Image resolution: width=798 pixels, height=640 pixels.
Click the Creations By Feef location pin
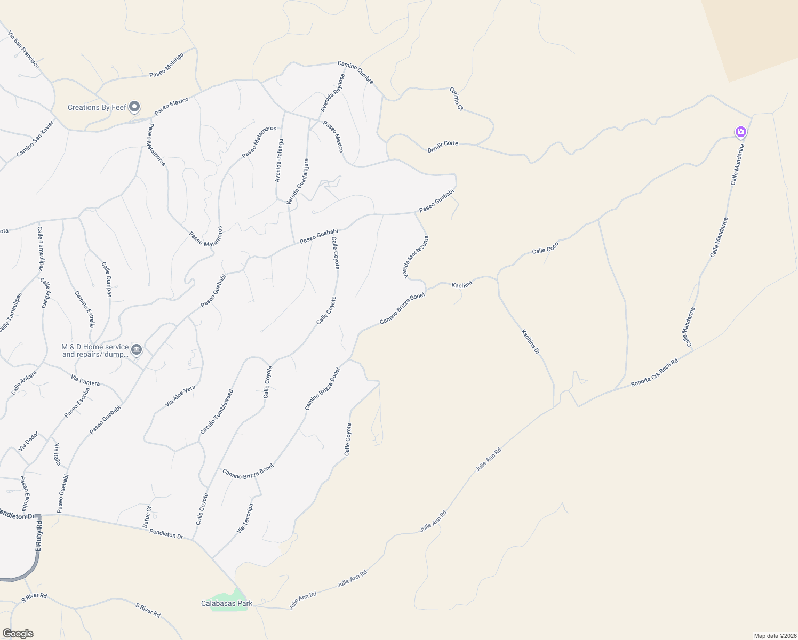click(134, 107)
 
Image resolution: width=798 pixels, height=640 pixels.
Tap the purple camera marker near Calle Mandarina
click(740, 132)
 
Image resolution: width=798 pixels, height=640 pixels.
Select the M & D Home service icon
click(137, 350)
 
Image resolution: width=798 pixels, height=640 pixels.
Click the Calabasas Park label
click(226, 603)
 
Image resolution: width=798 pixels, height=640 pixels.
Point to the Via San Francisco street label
click(23, 50)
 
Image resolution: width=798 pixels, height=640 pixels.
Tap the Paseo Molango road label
click(166, 65)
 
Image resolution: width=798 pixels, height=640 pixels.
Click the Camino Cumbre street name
click(355, 73)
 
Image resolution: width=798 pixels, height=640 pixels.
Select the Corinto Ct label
click(456, 99)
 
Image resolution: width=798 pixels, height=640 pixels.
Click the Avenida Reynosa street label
click(332, 93)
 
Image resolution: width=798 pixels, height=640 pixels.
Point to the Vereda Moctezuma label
click(416, 257)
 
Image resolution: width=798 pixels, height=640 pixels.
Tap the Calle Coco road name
click(545, 248)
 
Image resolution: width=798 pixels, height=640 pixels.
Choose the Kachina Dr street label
click(530, 342)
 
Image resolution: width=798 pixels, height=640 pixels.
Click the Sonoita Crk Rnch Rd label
click(654, 372)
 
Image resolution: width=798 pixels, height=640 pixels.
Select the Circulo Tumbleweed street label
click(217, 412)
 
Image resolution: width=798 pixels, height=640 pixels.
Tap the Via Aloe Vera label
click(180, 396)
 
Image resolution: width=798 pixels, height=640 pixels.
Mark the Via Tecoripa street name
click(245, 518)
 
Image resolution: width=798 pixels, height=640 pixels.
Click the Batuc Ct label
click(147, 517)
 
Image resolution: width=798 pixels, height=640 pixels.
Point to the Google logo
click(18, 634)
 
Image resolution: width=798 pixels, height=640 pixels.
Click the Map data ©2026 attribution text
click(774, 636)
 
